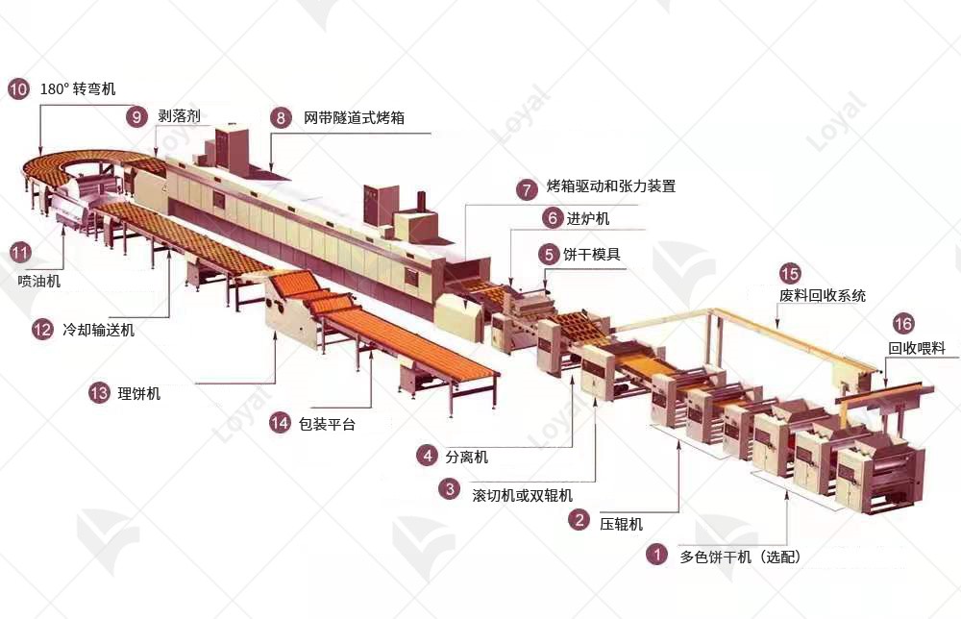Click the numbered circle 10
[x=18, y=88]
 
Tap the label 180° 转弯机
[x=78, y=88]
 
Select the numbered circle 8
[x=281, y=117]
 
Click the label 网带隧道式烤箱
[x=355, y=117]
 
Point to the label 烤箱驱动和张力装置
[x=611, y=186]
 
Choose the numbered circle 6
[x=553, y=217]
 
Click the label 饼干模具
[x=591, y=254]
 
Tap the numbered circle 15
[x=790, y=273]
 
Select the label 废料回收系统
[x=823, y=295]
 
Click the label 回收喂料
[x=917, y=348]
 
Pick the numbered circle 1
[x=657, y=555]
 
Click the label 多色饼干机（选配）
[x=740, y=557]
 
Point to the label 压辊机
[x=621, y=524]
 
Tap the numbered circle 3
[x=450, y=488]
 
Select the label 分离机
[x=466, y=457]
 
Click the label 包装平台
[x=327, y=424]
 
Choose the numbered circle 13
[x=99, y=393]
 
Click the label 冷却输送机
[x=98, y=330]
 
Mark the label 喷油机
[x=39, y=282]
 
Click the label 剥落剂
[x=179, y=116]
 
